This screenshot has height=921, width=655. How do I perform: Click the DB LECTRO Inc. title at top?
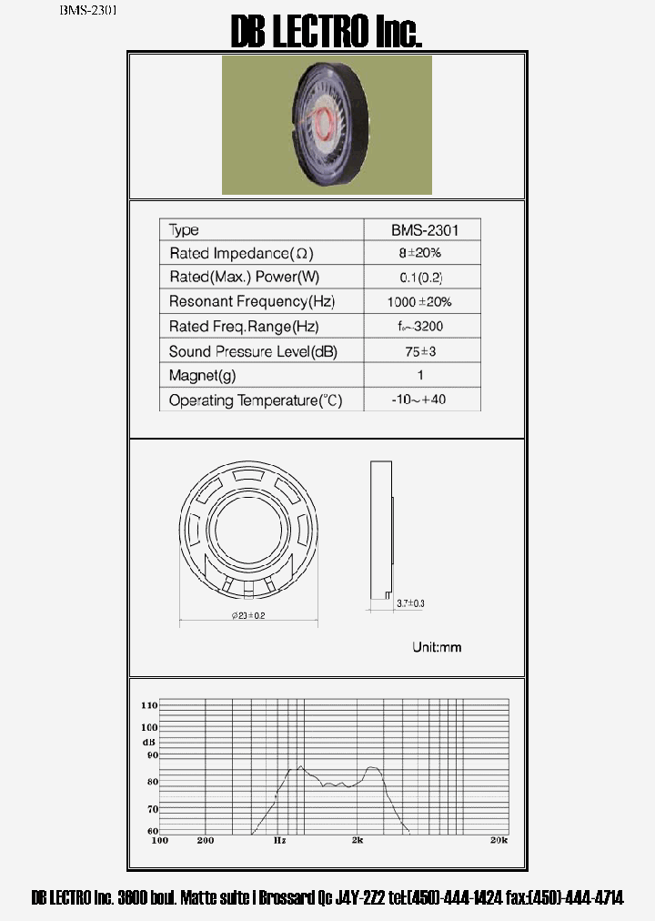point(327,33)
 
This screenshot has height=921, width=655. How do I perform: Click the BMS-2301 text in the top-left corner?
point(88,11)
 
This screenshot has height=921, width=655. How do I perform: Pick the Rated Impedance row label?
point(241,253)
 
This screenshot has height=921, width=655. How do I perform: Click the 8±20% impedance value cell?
point(419,253)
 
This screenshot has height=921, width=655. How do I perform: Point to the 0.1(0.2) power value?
point(420,277)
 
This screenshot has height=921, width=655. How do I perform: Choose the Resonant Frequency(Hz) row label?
point(250,301)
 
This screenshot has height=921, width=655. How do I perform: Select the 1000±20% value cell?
point(420,301)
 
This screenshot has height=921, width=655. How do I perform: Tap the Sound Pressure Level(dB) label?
point(253,351)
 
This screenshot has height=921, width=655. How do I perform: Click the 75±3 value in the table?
point(420,351)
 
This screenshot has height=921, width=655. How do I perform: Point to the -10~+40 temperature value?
point(420,399)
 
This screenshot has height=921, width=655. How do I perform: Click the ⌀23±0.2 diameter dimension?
point(248,616)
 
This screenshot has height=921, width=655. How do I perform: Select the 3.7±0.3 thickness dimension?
point(411,603)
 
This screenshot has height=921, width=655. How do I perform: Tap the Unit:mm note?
point(437,647)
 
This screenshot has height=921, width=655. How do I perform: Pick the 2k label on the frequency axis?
point(358,840)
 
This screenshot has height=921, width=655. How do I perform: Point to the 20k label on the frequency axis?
point(499,840)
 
